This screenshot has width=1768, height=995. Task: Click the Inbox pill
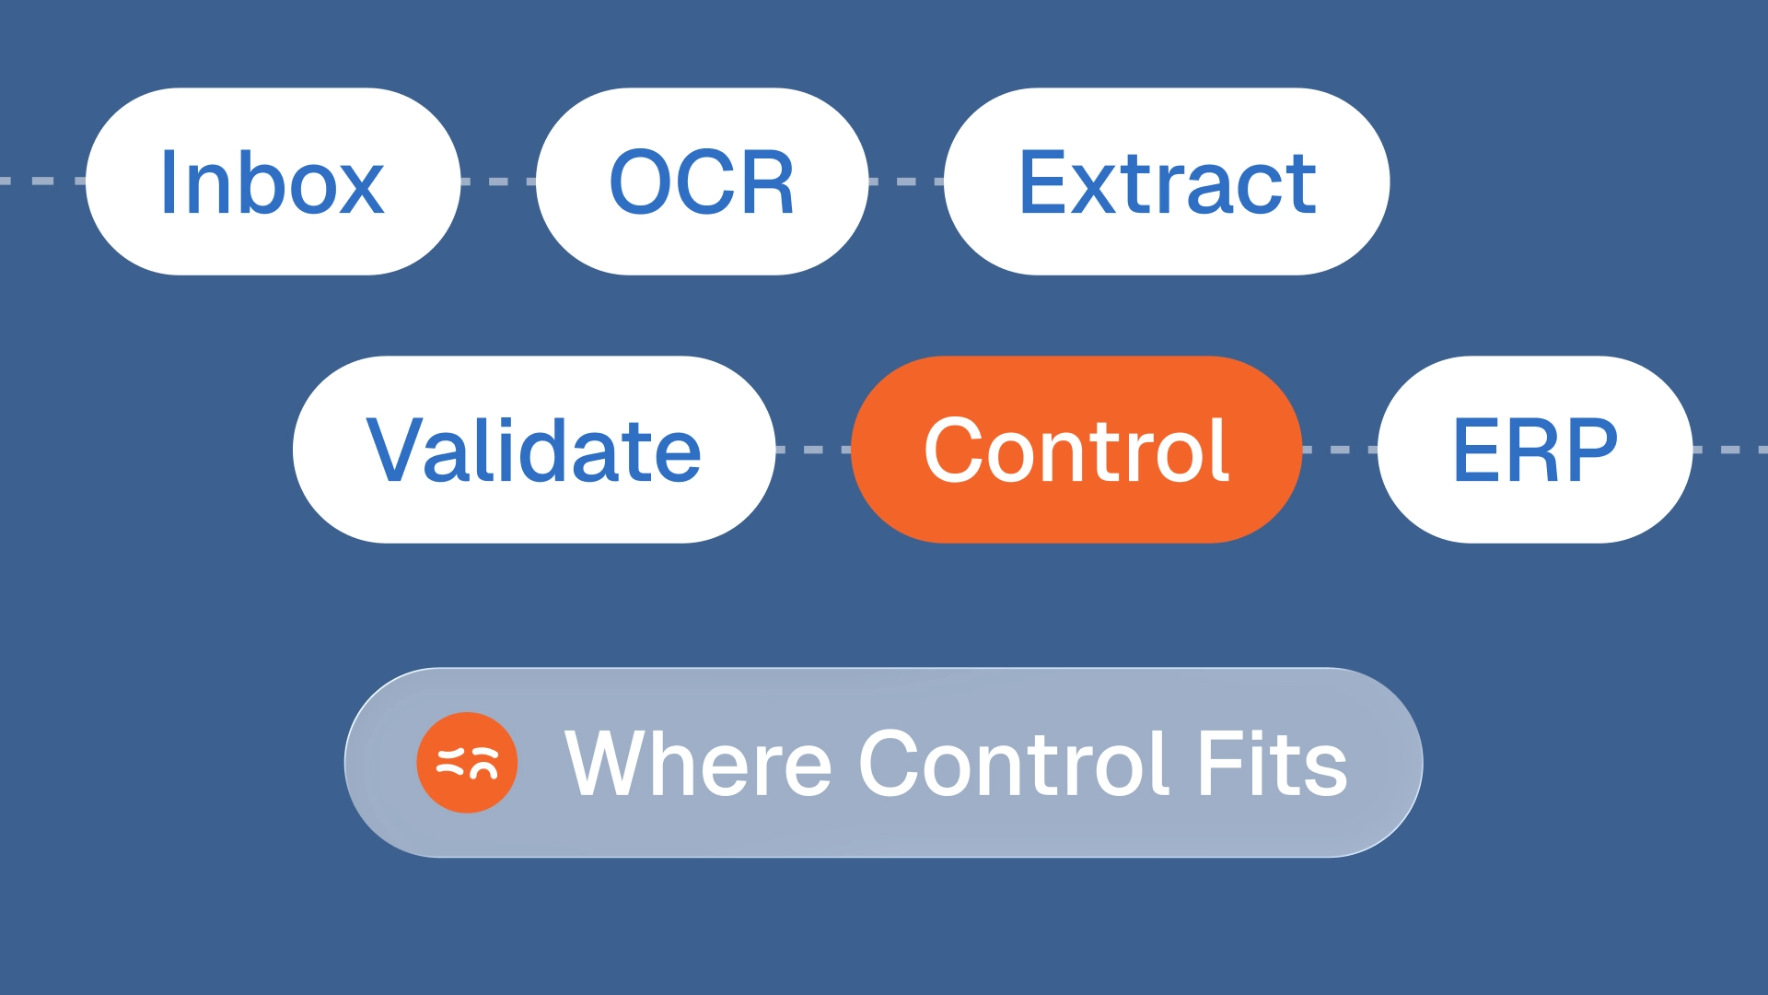pos(273,181)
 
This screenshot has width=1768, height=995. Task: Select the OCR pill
pos(702,181)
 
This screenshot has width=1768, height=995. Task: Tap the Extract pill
pos(1167,181)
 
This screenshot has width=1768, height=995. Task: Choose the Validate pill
pos(534,450)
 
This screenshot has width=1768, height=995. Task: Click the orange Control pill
pos(1076,450)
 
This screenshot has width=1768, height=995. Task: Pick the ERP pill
pos(1535,450)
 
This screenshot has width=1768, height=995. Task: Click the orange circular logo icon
pos(467,763)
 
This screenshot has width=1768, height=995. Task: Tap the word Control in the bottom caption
pos(1014,763)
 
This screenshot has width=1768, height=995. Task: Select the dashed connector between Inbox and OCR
pos(498,181)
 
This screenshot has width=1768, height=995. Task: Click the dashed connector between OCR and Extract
pos(906,181)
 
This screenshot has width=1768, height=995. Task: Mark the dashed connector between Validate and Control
pos(813,450)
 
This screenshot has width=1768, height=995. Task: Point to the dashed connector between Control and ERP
pos(1340,450)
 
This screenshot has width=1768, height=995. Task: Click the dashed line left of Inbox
pos(42,181)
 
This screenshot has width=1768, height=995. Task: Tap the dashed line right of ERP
pos(1730,450)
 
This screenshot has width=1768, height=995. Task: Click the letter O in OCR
pos(643,182)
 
